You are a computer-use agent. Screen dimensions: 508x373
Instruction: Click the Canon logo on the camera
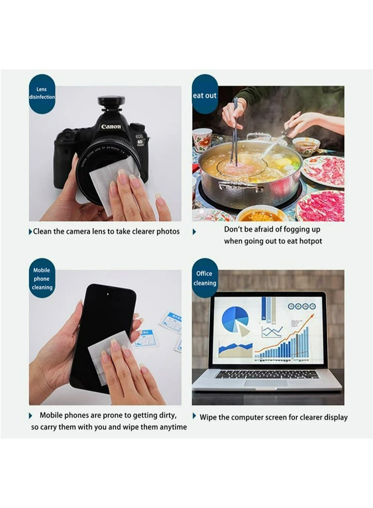pyautogui.click(x=111, y=126)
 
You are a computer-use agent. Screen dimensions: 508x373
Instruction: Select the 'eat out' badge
pyautogui.click(x=205, y=96)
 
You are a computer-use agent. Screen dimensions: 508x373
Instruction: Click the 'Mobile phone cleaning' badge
pyautogui.click(x=42, y=279)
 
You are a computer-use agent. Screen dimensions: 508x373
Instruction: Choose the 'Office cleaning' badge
pyautogui.click(x=205, y=278)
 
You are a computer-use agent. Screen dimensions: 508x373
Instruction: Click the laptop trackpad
pyautogui.click(x=266, y=383)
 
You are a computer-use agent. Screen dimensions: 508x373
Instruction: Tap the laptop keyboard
pyautogui.click(x=267, y=374)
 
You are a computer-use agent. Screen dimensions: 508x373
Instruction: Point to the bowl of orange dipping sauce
pyautogui.click(x=262, y=216)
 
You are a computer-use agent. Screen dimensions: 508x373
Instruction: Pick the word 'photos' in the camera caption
pyautogui.click(x=167, y=232)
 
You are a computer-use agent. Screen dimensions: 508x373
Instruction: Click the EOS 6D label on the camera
pyautogui.click(x=140, y=139)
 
